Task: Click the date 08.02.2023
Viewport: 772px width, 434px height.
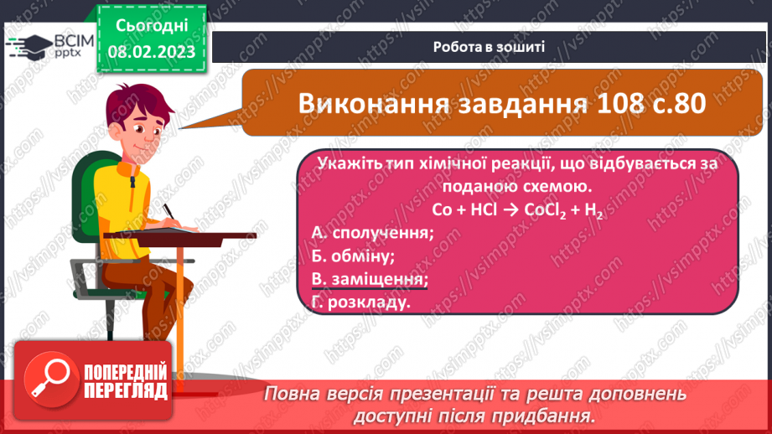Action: (150, 53)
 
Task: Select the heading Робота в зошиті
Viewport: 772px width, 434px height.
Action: (490, 46)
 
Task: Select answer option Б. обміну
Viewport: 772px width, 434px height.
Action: (352, 256)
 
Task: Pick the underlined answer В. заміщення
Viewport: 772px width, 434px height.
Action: (369, 279)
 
